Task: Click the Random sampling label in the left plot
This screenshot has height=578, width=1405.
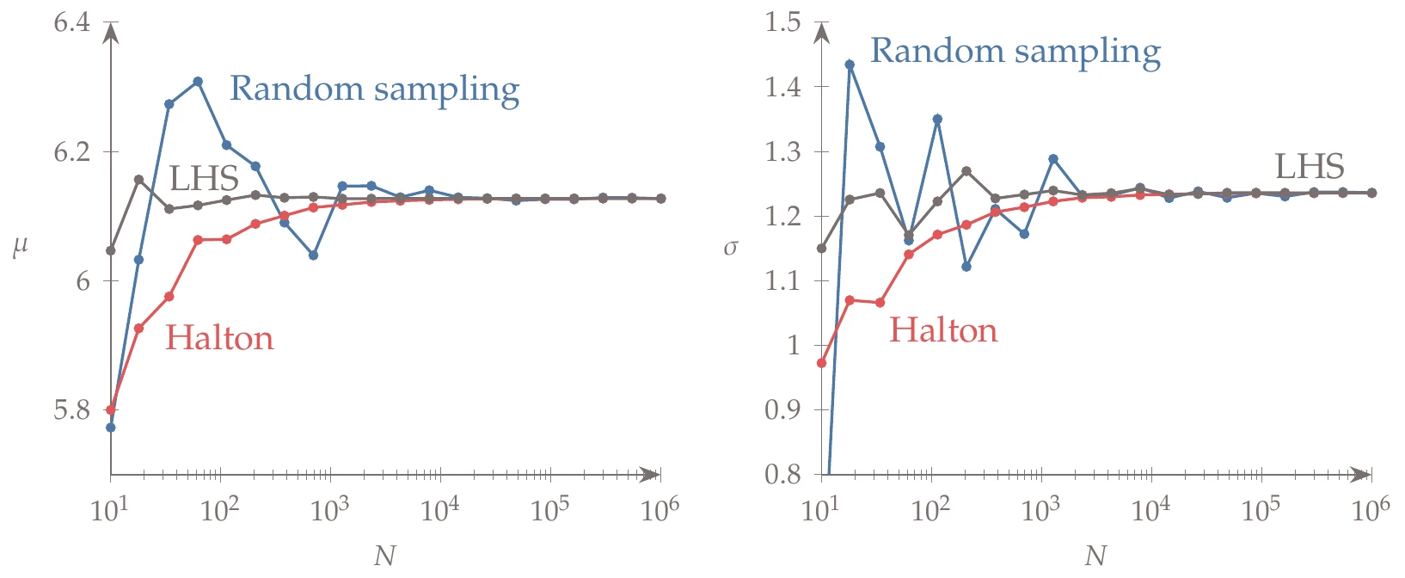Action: (374, 89)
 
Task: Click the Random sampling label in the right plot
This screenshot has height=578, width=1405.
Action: (1015, 52)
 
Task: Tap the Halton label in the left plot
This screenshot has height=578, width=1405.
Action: (219, 338)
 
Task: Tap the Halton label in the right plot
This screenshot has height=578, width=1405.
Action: (942, 331)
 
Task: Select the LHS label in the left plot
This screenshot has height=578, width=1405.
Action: (203, 179)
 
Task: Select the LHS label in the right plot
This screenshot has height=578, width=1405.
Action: (1309, 167)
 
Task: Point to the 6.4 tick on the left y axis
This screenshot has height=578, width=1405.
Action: (71, 22)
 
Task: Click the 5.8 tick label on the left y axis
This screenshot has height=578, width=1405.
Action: (71, 409)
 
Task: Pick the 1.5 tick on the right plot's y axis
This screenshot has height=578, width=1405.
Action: (782, 22)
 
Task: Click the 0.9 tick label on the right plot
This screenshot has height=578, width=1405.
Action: (782, 409)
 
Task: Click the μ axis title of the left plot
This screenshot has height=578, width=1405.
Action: (20, 248)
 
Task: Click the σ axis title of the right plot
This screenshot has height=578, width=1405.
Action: (731, 249)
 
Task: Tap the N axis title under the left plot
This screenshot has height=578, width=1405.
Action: (385, 556)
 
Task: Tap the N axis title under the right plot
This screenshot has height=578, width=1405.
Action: (1095, 556)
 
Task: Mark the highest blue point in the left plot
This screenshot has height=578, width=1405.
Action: (198, 82)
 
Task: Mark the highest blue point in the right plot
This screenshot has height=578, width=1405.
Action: (850, 65)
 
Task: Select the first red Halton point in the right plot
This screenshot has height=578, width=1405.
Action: (821, 363)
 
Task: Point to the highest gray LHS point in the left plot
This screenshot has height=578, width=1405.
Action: (139, 179)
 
